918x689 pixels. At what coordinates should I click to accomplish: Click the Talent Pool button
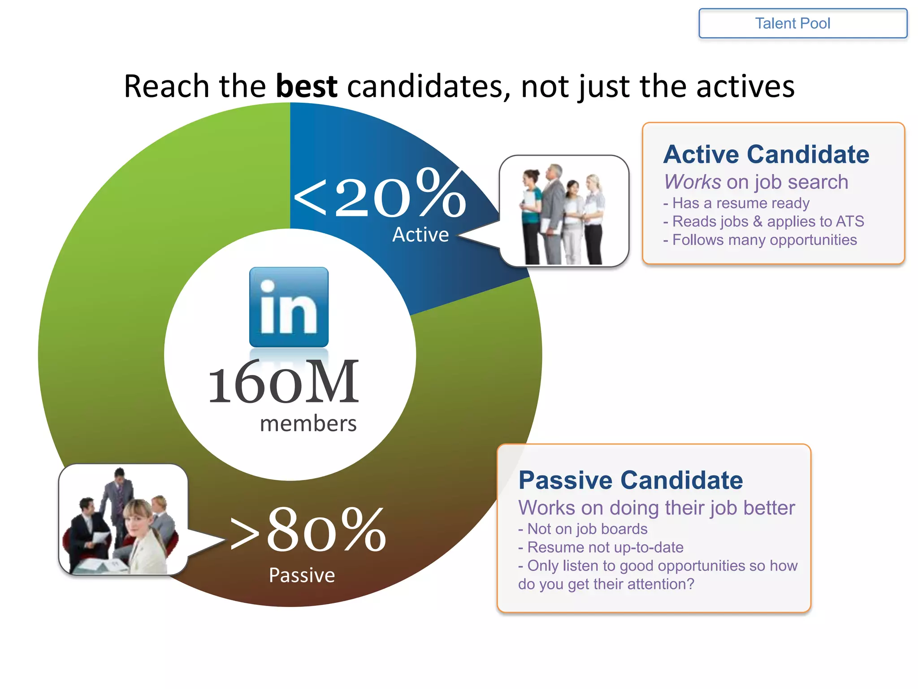click(802, 23)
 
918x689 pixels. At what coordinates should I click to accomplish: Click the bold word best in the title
click(306, 86)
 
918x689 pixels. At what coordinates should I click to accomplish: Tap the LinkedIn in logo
click(289, 307)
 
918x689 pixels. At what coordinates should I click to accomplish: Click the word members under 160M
click(308, 423)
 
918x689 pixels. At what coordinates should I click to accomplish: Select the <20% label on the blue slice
click(379, 194)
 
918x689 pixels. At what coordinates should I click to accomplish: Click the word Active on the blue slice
click(420, 235)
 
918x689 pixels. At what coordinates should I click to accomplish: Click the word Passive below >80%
click(302, 575)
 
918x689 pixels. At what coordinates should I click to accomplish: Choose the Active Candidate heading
click(766, 154)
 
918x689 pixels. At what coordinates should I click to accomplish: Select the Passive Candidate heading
click(630, 480)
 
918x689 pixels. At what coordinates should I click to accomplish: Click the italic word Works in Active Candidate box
click(692, 182)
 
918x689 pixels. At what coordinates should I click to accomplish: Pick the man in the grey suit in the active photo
click(553, 211)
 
